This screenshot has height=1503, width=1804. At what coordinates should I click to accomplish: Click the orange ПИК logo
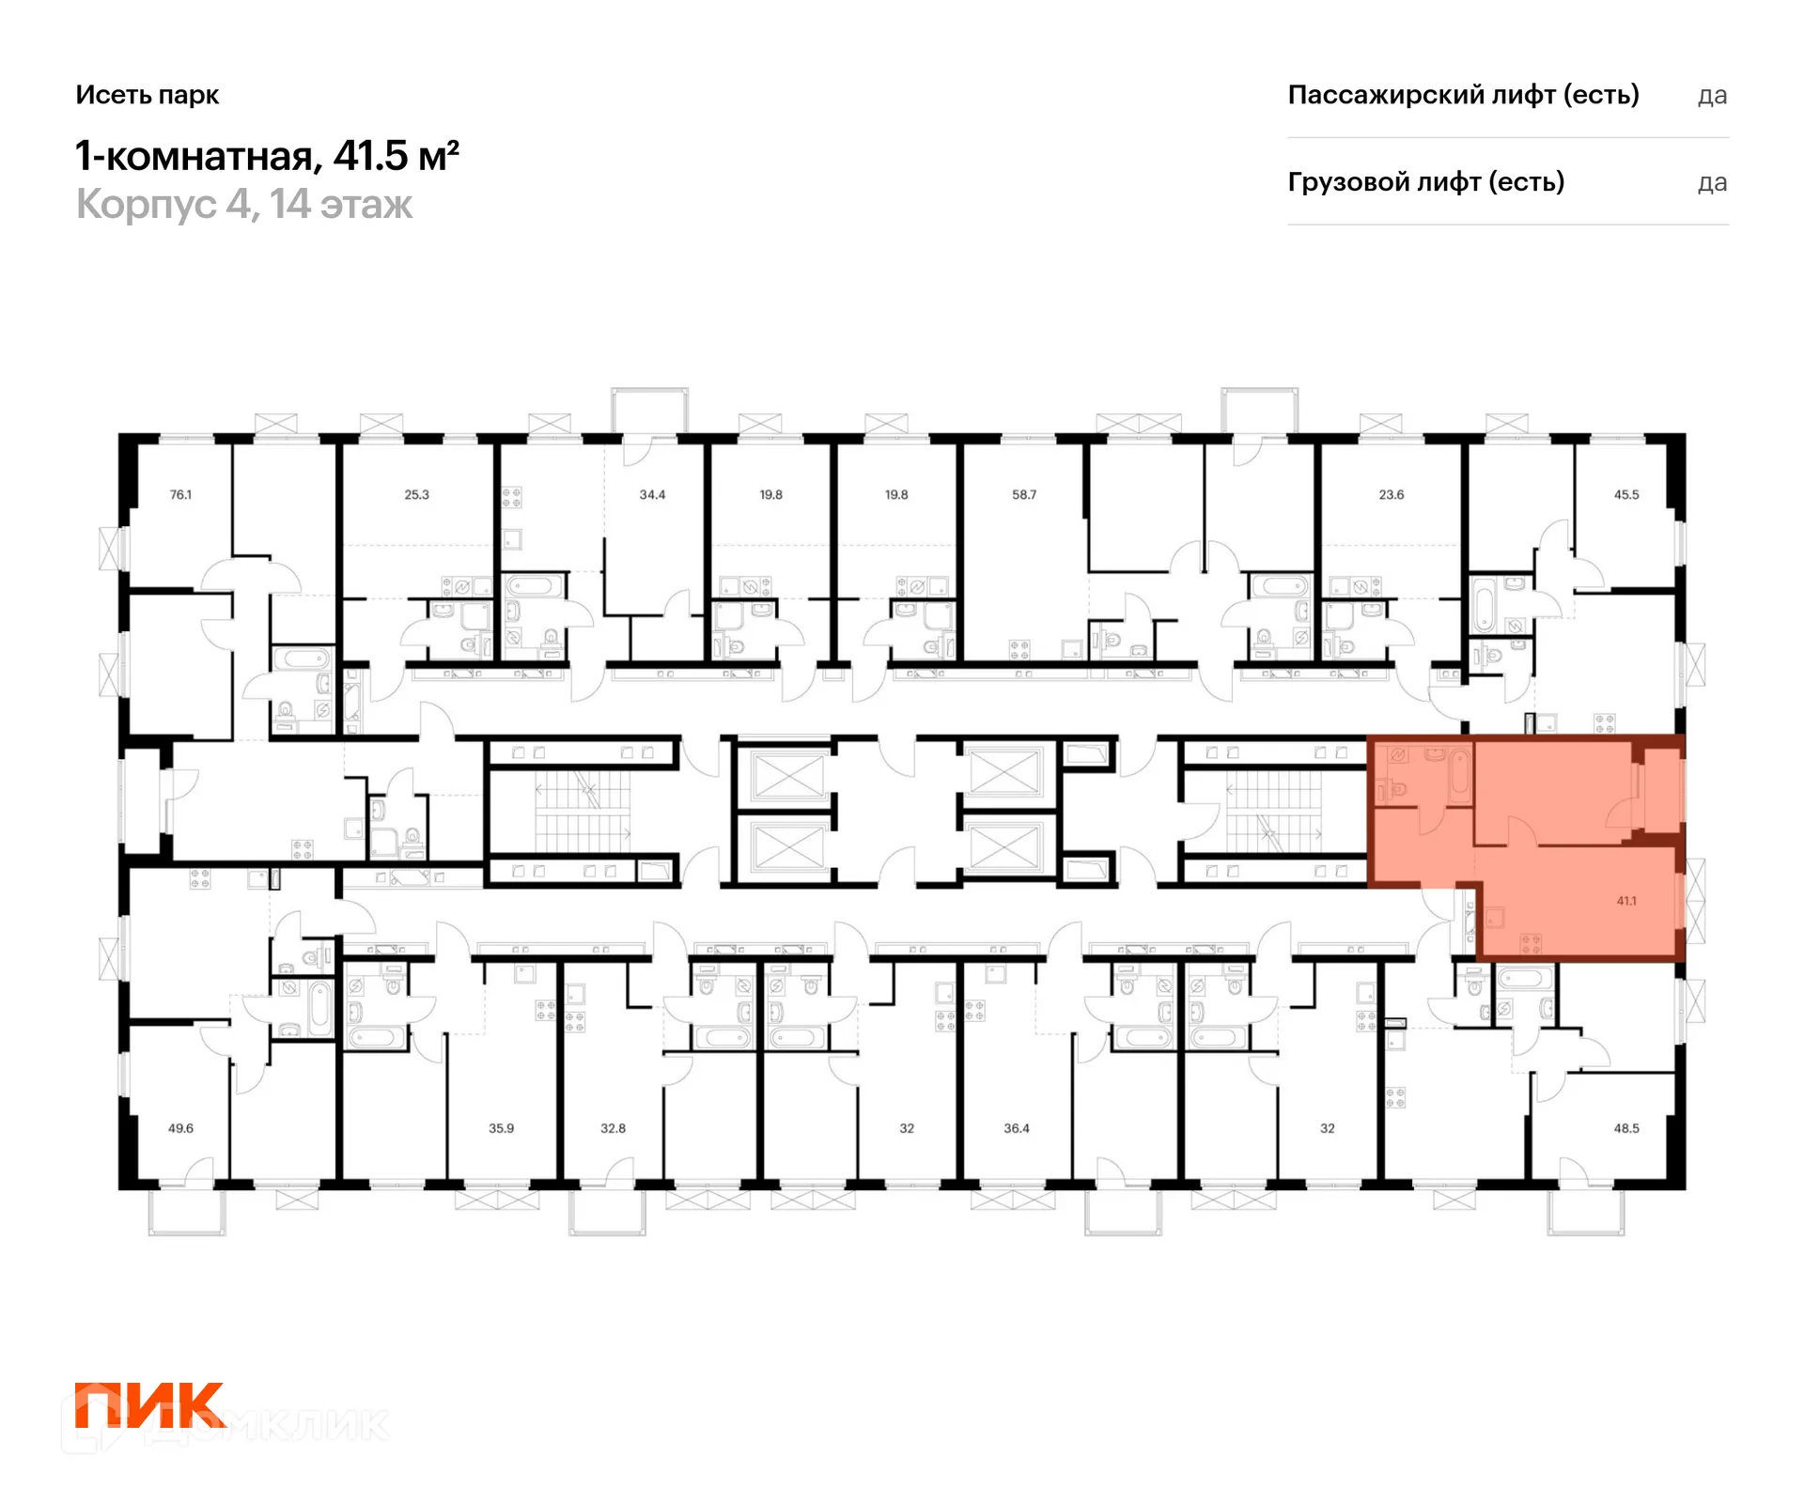click(x=149, y=1404)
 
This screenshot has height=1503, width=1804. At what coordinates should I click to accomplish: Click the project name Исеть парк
click(x=148, y=95)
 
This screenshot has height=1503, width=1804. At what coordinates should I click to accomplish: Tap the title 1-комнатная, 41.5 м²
click(x=267, y=156)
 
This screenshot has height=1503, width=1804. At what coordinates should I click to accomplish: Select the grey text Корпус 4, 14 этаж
click(x=244, y=205)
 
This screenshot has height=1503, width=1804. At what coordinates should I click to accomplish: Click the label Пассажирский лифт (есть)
click(x=1463, y=95)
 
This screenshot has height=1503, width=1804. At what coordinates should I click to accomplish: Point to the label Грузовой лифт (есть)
click(x=1425, y=182)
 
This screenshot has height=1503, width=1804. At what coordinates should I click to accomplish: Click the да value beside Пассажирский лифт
click(x=1712, y=96)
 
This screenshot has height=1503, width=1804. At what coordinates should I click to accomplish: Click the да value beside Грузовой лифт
click(x=1712, y=183)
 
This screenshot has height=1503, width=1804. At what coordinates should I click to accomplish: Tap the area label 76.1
click(x=180, y=494)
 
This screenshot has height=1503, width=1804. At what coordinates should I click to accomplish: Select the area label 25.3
click(x=416, y=494)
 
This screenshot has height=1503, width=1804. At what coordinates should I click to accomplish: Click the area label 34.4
click(x=652, y=494)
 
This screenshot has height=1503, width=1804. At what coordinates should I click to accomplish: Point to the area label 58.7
click(x=1024, y=494)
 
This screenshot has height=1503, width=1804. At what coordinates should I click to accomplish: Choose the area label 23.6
click(x=1392, y=494)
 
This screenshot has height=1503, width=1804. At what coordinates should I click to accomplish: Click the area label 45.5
click(x=1626, y=494)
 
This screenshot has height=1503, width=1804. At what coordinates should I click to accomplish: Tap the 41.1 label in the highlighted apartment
click(x=1626, y=901)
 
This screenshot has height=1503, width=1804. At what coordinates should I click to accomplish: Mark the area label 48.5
click(x=1626, y=1128)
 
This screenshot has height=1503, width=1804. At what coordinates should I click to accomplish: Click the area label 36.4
click(x=1017, y=1128)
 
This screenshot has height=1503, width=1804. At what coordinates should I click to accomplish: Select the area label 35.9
click(x=501, y=1128)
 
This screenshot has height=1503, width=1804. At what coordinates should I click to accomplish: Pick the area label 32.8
click(x=613, y=1128)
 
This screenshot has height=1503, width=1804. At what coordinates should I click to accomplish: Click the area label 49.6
click(x=180, y=1128)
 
